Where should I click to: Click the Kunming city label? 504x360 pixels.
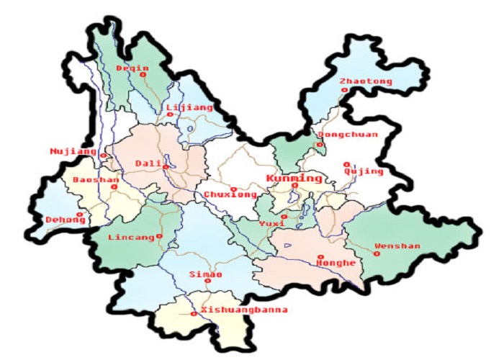[294, 179]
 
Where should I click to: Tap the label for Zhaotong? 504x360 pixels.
[366, 81]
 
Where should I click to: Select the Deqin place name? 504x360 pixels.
[132, 68]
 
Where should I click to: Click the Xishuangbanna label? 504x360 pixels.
[244, 310]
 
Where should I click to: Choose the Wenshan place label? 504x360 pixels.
[397, 246]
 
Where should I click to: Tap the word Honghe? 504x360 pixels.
[336, 264]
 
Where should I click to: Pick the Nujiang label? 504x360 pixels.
[73, 151]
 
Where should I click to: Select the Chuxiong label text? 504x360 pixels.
[230, 195]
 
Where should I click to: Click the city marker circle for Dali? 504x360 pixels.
[166, 167]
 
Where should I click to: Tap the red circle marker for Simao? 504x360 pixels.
[207, 282]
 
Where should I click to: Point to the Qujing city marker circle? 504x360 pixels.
[346, 163]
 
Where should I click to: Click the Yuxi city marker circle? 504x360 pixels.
[284, 216]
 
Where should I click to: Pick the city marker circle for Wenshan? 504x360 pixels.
[376, 252]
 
